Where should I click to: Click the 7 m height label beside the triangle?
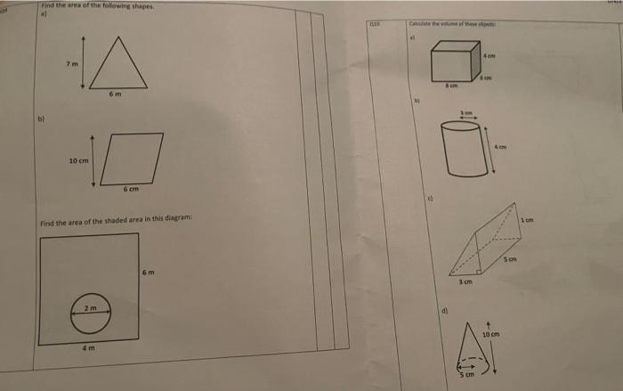click(x=68, y=64)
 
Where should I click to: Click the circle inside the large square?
click(x=91, y=312)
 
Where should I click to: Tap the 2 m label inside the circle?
click(x=90, y=306)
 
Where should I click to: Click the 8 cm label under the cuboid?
click(x=451, y=86)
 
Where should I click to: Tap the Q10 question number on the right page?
click(x=375, y=26)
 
